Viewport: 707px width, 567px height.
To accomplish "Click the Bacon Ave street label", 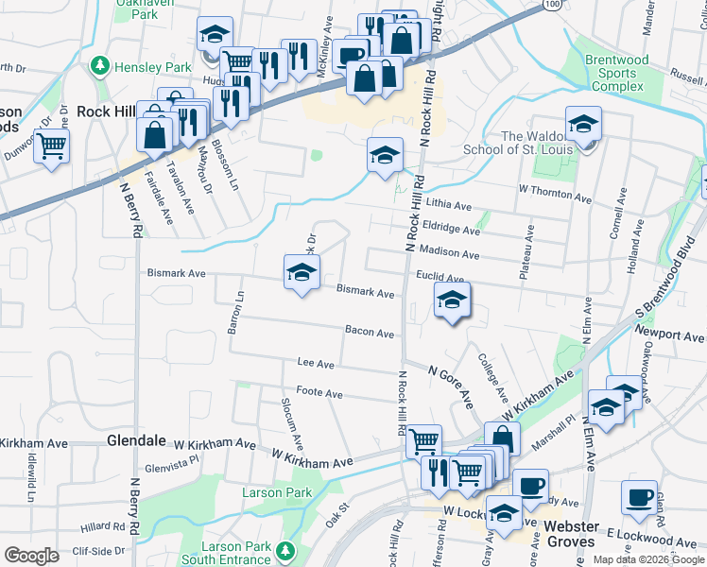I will [370, 333].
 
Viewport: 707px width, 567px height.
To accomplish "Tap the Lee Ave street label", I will [316, 363].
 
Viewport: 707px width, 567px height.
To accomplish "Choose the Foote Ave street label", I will [319, 392].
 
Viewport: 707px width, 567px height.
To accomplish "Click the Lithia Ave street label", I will [450, 205].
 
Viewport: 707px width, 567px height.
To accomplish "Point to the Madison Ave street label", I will [449, 253].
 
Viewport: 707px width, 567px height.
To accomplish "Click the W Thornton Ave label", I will [557, 194].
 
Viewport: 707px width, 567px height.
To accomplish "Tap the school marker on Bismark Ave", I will [302, 274].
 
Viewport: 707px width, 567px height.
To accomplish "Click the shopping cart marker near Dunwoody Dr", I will [52, 146].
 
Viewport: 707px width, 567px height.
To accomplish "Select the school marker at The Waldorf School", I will [583, 125].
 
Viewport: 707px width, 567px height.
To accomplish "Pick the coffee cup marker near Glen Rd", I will [640, 498].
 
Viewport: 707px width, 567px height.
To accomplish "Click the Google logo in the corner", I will [31, 556].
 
